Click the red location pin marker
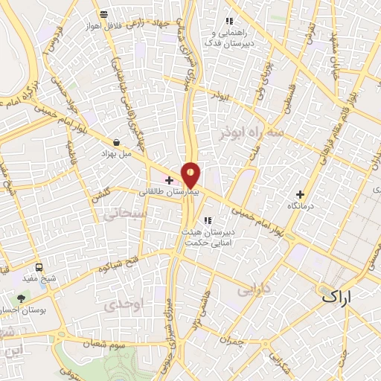(x=191, y=175)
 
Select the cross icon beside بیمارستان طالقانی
(x=169, y=180)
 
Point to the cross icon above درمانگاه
(x=300, y=194)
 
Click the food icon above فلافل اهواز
(x=103, y=14)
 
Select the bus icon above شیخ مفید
(x=38, y=266)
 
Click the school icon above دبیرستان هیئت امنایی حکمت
(x=206, y=220)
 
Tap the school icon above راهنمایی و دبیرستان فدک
(x=229, y=21)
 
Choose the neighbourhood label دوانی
(x=252, y=290)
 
